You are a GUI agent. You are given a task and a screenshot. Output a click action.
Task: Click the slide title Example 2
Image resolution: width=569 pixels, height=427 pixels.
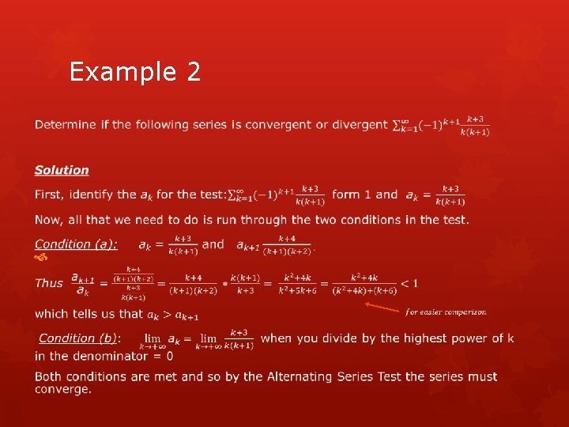134,72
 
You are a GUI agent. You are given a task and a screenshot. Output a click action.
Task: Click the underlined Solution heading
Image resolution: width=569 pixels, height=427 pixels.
62,170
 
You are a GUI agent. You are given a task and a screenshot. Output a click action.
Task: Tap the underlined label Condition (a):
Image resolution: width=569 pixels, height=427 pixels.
76,244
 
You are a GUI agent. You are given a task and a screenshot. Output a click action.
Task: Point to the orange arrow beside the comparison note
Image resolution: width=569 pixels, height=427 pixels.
381,307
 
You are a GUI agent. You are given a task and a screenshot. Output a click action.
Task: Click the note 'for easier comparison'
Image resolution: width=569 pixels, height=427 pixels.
446,312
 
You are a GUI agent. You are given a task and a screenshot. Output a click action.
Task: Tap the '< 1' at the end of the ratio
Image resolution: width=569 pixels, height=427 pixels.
409,283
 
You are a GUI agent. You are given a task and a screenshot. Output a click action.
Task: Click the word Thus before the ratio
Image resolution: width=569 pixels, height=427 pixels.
49,283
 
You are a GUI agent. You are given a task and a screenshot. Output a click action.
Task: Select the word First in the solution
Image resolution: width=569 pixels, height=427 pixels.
50,195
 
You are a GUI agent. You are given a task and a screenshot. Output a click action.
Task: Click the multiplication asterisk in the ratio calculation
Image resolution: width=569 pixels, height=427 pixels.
224,283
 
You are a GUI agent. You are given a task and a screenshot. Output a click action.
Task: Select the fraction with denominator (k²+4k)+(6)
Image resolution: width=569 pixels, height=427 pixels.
364,283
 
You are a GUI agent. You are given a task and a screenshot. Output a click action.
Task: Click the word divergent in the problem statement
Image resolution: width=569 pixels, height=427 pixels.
360,125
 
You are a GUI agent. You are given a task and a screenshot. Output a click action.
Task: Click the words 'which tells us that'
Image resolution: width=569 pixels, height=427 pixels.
88,314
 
